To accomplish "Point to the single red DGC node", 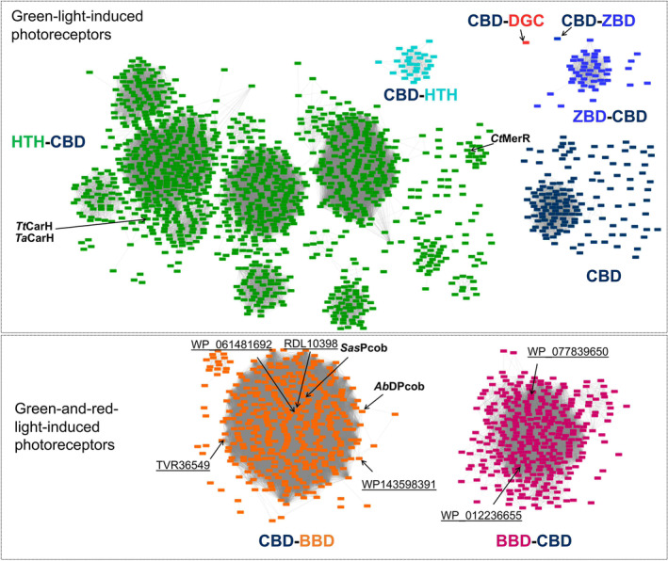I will pos(527,42).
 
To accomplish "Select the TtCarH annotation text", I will pos(34,226).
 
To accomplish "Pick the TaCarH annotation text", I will pos(34,238).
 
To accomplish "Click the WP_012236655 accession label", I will pos(481,515).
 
